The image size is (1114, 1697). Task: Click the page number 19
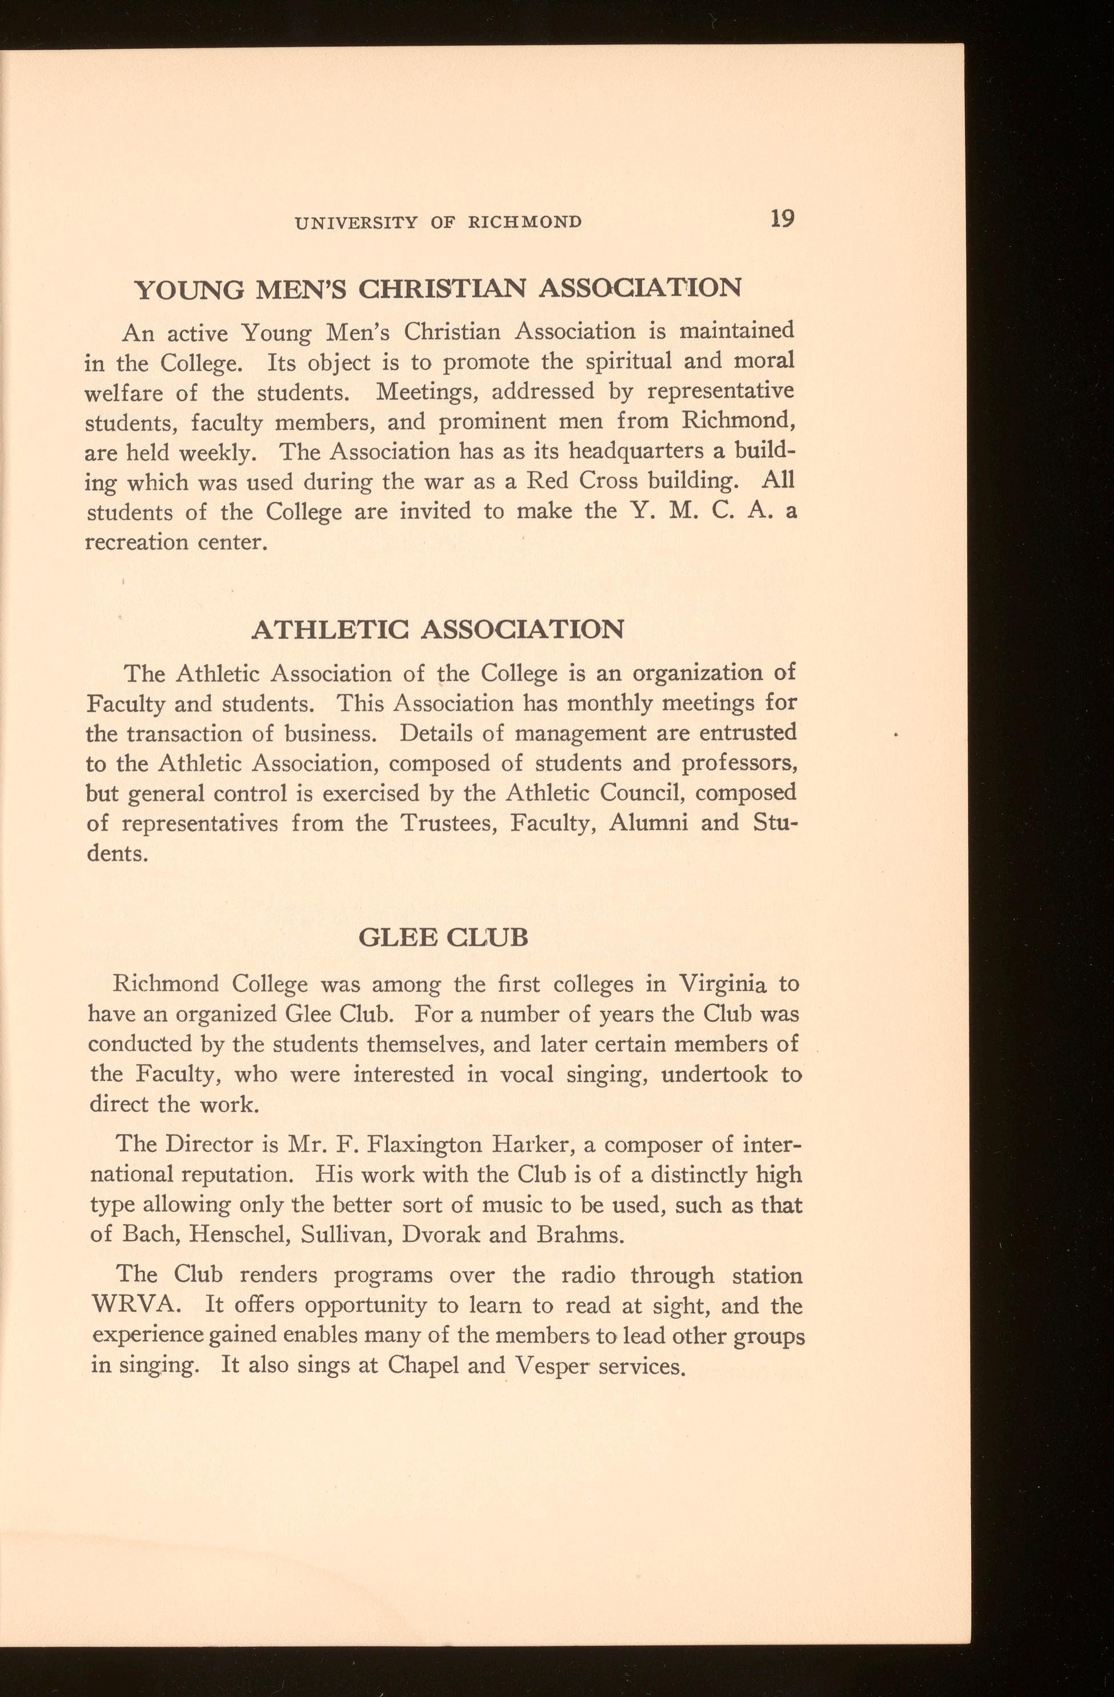pyautogui.click(x=782, y=219)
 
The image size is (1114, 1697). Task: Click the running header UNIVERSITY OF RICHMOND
pyautogui.click(x=438, y=222)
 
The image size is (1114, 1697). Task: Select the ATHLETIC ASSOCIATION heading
pyautogui.click(x=438, y=630)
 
